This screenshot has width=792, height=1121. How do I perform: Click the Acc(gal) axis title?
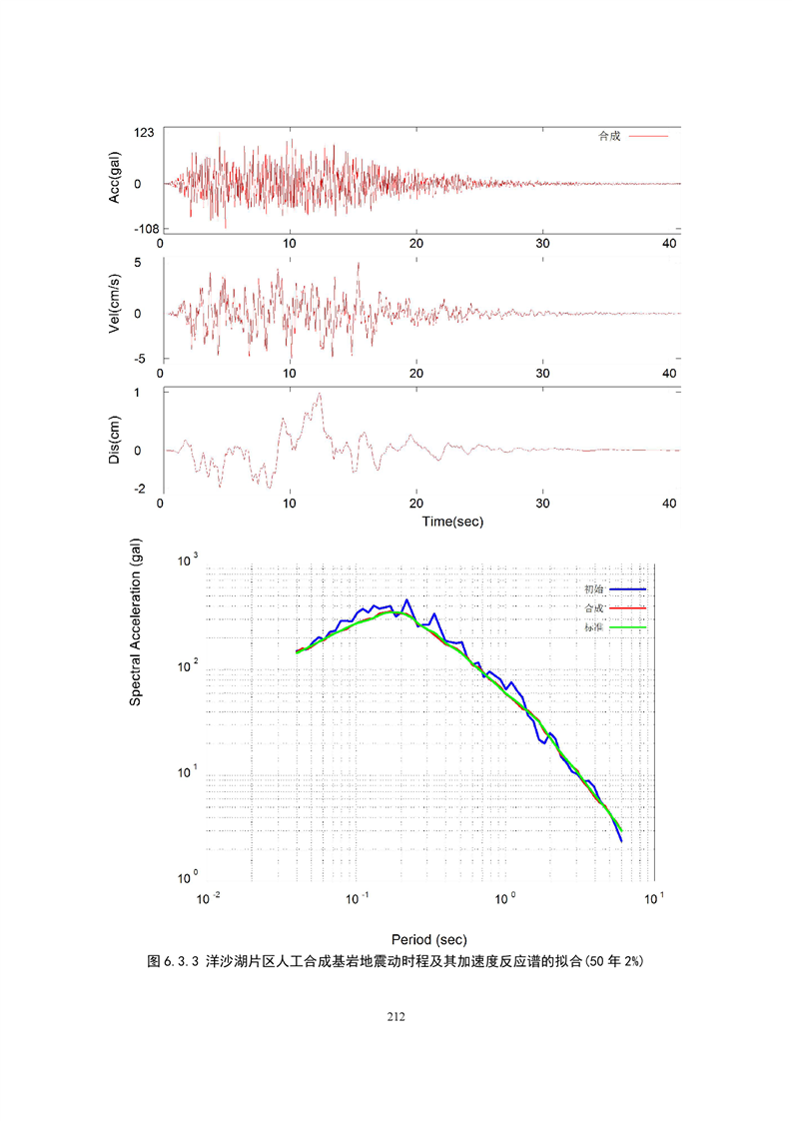116,180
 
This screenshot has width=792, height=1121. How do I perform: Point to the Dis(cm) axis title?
116,440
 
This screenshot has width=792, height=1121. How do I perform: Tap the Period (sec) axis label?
428,939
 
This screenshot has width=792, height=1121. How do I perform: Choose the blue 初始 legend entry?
614,589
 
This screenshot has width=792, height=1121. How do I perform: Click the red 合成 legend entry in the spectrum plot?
614,608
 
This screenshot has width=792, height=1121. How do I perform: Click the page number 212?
396,1017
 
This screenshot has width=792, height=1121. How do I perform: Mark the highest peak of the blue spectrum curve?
406,600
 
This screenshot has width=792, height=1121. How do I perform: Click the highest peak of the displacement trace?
320,394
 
